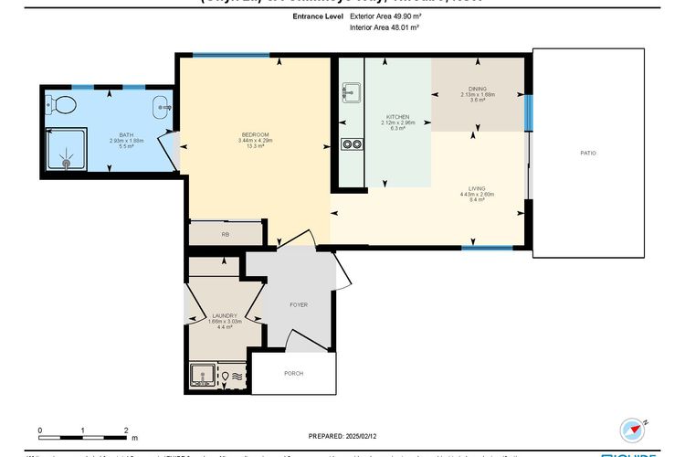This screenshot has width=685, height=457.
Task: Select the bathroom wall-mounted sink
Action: coord(162,105)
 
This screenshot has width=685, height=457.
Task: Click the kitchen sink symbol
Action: coord(351,91)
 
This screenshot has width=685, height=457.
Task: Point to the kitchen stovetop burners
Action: coord(351,143)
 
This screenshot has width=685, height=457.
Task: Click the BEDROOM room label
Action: coord(254,135)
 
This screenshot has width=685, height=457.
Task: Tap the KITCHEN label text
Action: coord(397,117)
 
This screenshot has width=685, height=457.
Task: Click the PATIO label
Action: coord(588,153)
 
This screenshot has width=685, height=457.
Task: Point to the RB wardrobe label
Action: coord(225,235)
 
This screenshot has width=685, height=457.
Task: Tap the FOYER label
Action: coord(299,304)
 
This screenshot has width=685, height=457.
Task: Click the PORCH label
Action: coord(293,373)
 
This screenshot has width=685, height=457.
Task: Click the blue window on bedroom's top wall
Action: coord(231,55)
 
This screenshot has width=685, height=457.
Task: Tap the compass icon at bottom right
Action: coord(631,428)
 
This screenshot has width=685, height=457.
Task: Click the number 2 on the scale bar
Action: coord(125,428)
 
